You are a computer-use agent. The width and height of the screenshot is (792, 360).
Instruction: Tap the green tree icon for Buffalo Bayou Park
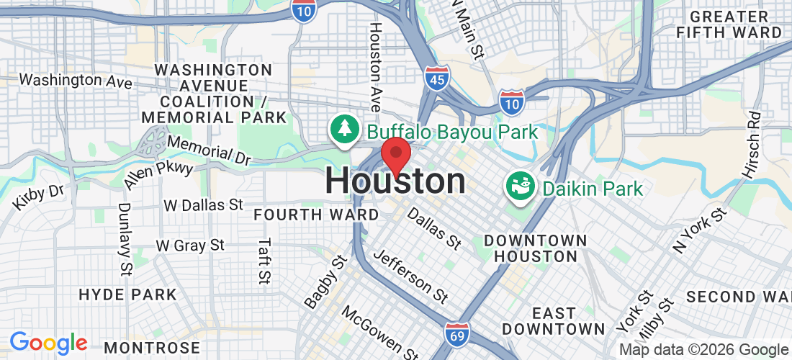coord(344,129)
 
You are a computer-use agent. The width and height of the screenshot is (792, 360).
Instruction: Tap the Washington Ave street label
coord(76,80)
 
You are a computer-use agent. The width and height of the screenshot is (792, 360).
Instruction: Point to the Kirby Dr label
coord(38,198)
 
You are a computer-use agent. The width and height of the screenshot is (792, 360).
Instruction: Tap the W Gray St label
coord(190,246)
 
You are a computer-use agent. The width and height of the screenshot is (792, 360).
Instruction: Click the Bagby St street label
coord(321,282)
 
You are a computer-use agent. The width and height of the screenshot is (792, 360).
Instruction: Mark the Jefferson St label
coord(411,276)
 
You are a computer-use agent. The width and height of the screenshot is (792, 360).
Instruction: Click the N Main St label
coord(467,29)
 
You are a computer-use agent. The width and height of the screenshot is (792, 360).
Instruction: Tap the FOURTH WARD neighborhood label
coord(316,215)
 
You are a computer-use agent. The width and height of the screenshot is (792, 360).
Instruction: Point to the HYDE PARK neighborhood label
coord(127,294)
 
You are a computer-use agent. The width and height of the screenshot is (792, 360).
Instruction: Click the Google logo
coord(48,343)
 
